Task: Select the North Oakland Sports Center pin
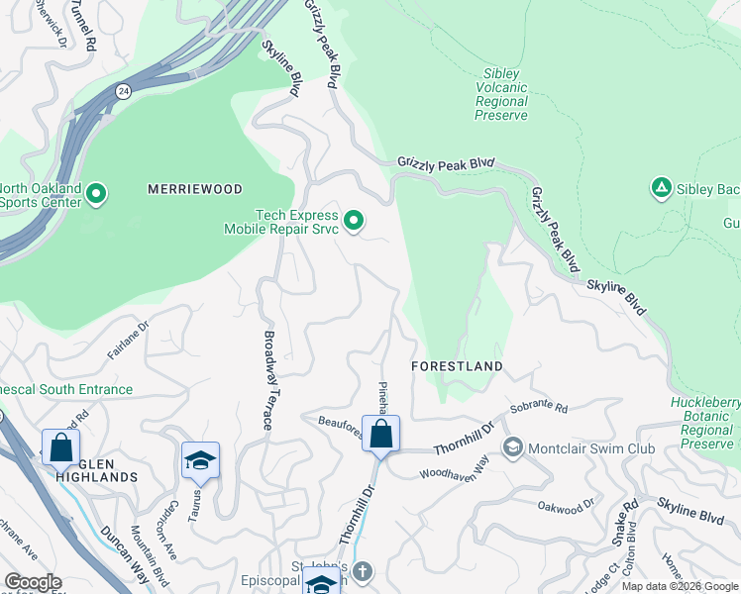coord(96,194)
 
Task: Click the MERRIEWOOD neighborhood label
coord(195,188)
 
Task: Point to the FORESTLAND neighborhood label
coord(457,366)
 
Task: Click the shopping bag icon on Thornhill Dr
coord(380,434)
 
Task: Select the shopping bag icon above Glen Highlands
coord(60,446)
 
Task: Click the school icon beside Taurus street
coord(200,460)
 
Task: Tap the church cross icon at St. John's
coord(363,572)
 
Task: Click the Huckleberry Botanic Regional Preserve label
coord(698,424)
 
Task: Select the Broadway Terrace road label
coord(268,379)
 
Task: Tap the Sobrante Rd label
coord(539,408)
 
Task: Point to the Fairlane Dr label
coord(128,333)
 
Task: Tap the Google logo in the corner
coord(33,582)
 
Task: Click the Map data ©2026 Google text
coord(680,586)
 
